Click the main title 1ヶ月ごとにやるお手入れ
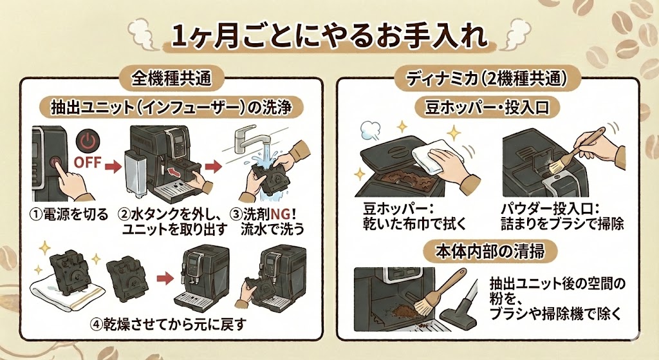pyautogui.click(x=329, y=36)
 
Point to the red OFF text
pyautogui.click(x=88, y=162)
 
